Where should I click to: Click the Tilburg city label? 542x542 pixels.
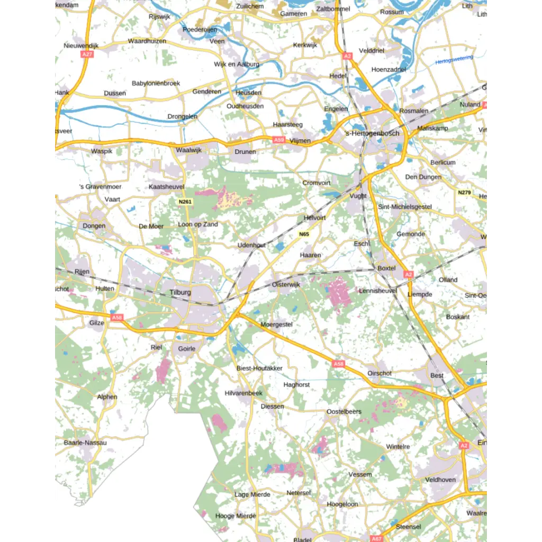tap(180, 292)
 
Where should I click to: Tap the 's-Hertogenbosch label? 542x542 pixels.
tap(372, 133)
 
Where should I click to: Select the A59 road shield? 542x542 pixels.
tap(279, 140)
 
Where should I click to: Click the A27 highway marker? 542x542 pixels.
tap(87, 55)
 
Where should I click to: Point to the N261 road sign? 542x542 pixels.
tap(185, 202)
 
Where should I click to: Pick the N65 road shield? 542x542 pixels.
tap(304, 234)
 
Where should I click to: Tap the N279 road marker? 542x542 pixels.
tap(464, 192)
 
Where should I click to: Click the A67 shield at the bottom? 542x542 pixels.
tap(376, 538)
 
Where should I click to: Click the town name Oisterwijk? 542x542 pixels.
tap(286, 284)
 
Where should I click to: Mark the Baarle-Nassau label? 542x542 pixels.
tap(85, 442)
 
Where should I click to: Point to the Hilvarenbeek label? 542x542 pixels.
tap(243, 393)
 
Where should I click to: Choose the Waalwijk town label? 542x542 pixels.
tap(189, 150)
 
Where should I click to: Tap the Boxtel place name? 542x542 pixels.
tap(386, 268)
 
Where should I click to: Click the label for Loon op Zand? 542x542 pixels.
tap(198, 224)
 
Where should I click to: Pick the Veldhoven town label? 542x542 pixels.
tap(440, 480)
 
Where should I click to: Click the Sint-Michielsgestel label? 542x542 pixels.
tap(405, 207)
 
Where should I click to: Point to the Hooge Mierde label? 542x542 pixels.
tap(236, 516)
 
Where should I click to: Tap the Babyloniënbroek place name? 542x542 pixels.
tap(156, 84)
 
